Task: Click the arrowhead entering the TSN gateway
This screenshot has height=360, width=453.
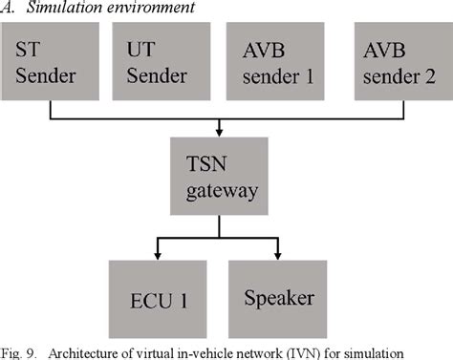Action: pos(219,133)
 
